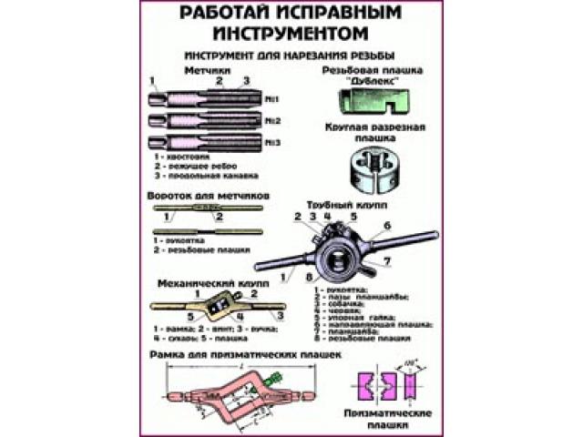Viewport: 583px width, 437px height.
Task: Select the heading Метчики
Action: (x=207, y=69)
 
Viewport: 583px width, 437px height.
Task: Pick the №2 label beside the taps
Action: (x=271, y=120)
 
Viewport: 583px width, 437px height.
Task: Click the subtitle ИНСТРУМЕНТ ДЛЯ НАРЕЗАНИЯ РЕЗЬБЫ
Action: (x=291, y=55)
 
